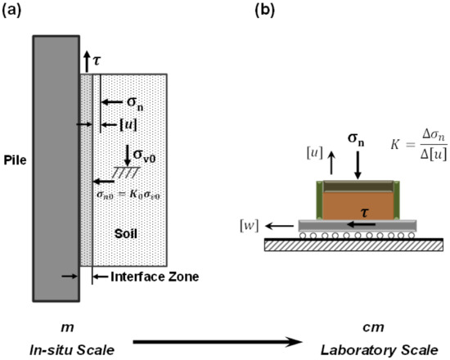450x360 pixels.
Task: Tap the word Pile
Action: [x=15, y=160]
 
